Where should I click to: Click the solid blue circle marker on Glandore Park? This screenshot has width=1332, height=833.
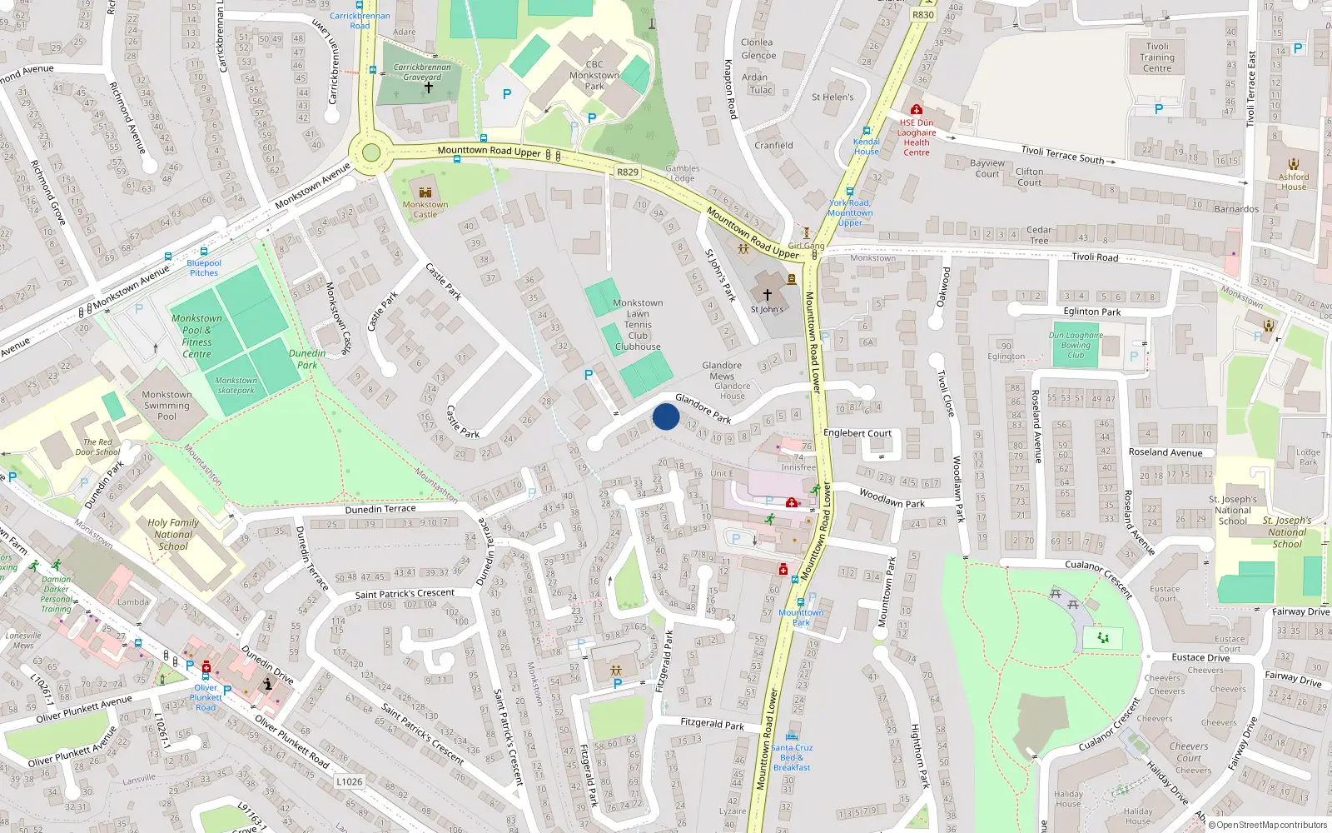pyautogui.click(x=666, y=416)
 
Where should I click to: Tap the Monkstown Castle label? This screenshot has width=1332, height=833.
pyautogui.click(x=425, y=209)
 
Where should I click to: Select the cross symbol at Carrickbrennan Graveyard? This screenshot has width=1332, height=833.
pyautogui.click(x=429, y=87)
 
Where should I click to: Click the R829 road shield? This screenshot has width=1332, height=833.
pyautogui.click(x=628, y=172)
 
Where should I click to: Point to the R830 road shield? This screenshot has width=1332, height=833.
pyautogui.click(x=923, y=15)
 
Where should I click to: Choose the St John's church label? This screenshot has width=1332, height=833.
pyautogui.click(x=767, y=309)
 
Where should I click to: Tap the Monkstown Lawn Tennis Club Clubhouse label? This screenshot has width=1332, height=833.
pyautogui.click(x=638, y=325)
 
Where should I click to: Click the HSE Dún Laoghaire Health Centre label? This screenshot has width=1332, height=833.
pyautogui.click(x=917, y=137)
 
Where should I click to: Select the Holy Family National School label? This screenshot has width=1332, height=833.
pyautogui.click(x=173, y=535)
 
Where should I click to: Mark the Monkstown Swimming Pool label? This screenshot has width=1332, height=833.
pyautogui.click(x=166, y=406)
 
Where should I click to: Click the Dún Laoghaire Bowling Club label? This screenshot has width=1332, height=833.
pyautogui.click(x=1076, y=345)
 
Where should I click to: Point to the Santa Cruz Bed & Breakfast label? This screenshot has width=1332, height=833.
pyautogui.click(x=792, y=757)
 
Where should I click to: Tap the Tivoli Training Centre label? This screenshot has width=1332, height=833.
pyautogui.click(x=1157, y=57)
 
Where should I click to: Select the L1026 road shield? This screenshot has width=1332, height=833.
pyautogui.click(x=350, y=781)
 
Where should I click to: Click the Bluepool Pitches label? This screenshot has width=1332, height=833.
pyautogui.click(x=204, y=267)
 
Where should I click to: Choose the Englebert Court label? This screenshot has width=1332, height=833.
pyautogui.click(x=857, y=433)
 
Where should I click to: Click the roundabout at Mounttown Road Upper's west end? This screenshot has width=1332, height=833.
pyautogui.click(x=371, y=152)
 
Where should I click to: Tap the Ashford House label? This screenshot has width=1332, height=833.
pyautogui.click(x=1294, y=182)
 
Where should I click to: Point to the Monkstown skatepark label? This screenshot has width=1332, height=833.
pyautogui.click(x=236, y=385)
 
